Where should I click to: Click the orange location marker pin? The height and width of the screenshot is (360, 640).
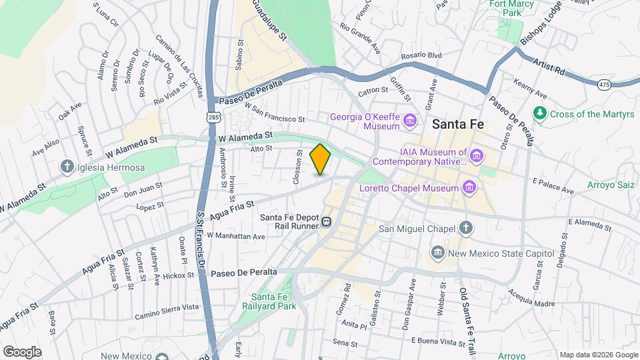pos(321,159)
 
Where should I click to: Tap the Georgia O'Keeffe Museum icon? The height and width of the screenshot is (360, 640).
pos(410,120)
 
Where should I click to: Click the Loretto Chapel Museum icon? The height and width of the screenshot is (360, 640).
pos(469,188)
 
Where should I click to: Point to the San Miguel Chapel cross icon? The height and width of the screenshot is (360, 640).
pos(466,228)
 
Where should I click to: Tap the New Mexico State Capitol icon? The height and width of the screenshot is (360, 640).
pos(437,253)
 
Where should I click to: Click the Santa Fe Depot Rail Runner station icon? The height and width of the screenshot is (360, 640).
pos(327,222)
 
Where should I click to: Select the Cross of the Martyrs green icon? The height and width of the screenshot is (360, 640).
pos(540,114)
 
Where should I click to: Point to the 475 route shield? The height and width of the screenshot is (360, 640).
pos(604,84)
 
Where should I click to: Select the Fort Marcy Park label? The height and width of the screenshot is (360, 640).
pos(512,8)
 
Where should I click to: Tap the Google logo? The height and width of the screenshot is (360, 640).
pos(21,351)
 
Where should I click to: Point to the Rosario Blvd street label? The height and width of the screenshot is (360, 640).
pos(421,57)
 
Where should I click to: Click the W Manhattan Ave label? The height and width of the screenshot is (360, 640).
pos(236,236)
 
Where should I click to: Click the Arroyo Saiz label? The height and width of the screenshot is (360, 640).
pos(611,185)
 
